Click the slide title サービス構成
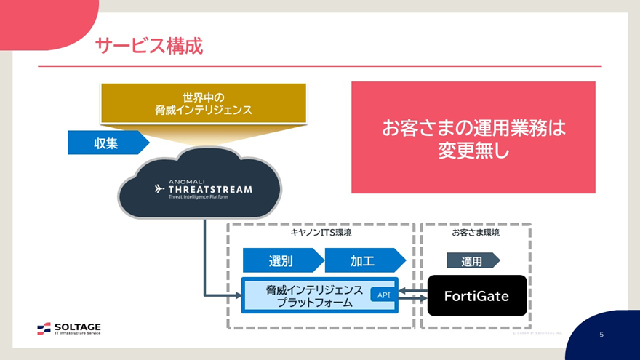tap(149, 46)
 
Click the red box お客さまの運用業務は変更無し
tap(473, 137)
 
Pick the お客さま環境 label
tap(475, 233)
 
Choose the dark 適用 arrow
tap(472, 260)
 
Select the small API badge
tap(384, 295)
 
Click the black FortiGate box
tap(476, 296)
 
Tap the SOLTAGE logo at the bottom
tap(69, 329)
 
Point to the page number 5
tap(601, 335)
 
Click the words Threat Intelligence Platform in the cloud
tap(197, 198)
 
